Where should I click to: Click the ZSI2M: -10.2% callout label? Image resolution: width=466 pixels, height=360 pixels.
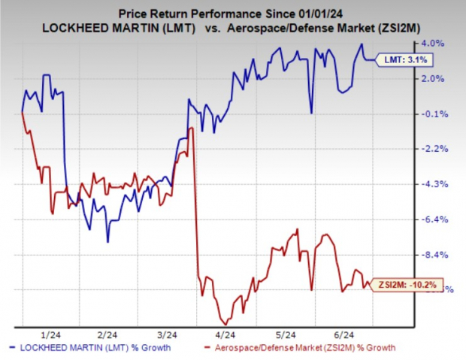tap(406, 285)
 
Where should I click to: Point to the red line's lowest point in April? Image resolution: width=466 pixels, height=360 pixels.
tap(226, 322)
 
